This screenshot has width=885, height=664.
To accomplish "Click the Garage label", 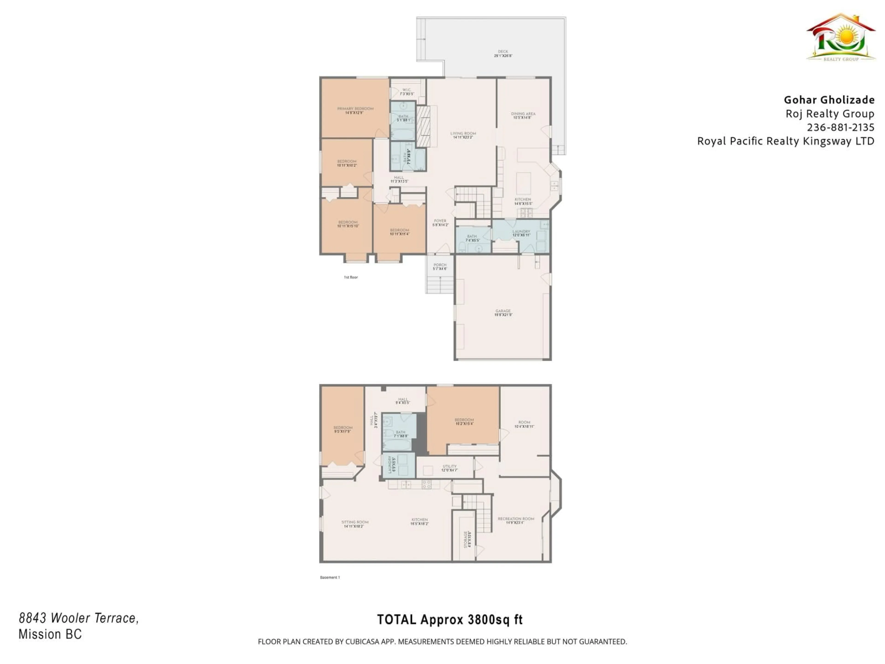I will point(503,313).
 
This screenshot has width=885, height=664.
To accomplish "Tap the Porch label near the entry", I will point(440,267).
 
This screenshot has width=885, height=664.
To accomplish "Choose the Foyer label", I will point(440,222).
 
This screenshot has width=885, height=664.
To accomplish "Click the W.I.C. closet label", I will point(407,92).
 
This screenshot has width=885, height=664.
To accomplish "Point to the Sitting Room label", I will point(354,524).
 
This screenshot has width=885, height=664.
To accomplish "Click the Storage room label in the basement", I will point(467,539).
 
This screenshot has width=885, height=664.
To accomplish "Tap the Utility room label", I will point(449,468).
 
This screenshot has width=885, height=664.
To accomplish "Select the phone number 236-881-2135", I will point(840,127).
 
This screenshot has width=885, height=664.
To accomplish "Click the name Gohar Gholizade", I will point(829,100).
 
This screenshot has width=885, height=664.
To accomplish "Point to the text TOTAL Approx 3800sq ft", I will point(450,620).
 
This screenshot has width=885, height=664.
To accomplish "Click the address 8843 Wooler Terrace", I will point(78,618).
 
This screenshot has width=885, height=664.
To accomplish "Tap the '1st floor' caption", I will point(351,277).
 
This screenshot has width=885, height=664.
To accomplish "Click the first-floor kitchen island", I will point(523,183).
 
